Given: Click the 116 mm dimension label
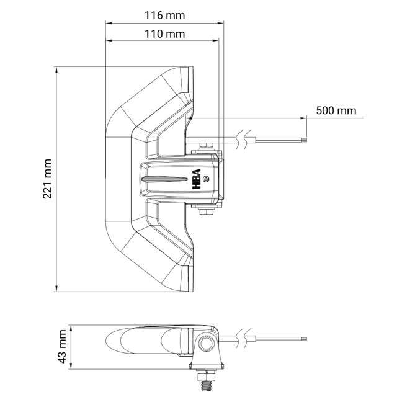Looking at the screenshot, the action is coord(164,16).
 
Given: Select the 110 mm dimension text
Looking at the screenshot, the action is coord(164,34).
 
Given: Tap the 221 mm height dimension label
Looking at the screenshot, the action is coord(48,179).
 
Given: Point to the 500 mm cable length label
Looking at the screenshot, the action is coord(336,110).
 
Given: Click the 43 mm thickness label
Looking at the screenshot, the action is coord(62,346).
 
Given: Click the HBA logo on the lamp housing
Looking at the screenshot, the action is coord(197,179).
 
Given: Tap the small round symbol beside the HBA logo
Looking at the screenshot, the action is coord(206,179).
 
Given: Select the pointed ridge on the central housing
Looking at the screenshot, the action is coord(164,179).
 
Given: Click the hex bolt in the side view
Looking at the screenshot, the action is coord(206,343).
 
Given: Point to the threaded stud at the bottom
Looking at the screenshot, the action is coord(207,385).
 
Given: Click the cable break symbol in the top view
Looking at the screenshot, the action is coord(243,139).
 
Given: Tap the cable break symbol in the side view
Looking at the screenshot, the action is coord(243,339).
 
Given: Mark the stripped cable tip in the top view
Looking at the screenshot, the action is coord(304,140).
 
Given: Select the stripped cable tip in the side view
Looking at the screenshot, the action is coord(304,339).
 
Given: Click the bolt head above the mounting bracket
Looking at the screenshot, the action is coord(206,146).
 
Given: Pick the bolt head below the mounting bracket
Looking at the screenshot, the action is coord(206,212).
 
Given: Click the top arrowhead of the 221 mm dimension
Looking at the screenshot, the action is coord(56,70).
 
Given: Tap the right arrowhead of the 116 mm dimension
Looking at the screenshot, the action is coord(220,23).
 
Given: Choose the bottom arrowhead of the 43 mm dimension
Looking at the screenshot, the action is coord(71,365).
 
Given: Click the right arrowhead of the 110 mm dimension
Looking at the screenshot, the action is coord(215,40).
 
